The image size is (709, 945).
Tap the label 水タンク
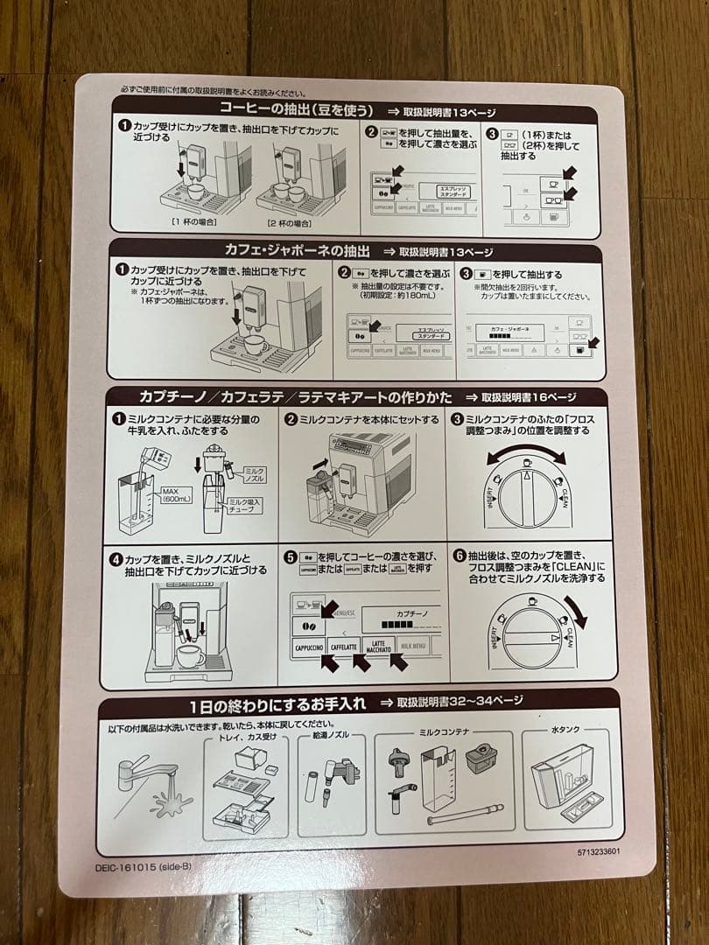pos(565,730)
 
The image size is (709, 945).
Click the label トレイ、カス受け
pos(238,738)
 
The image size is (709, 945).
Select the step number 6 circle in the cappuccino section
pos(459,555)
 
